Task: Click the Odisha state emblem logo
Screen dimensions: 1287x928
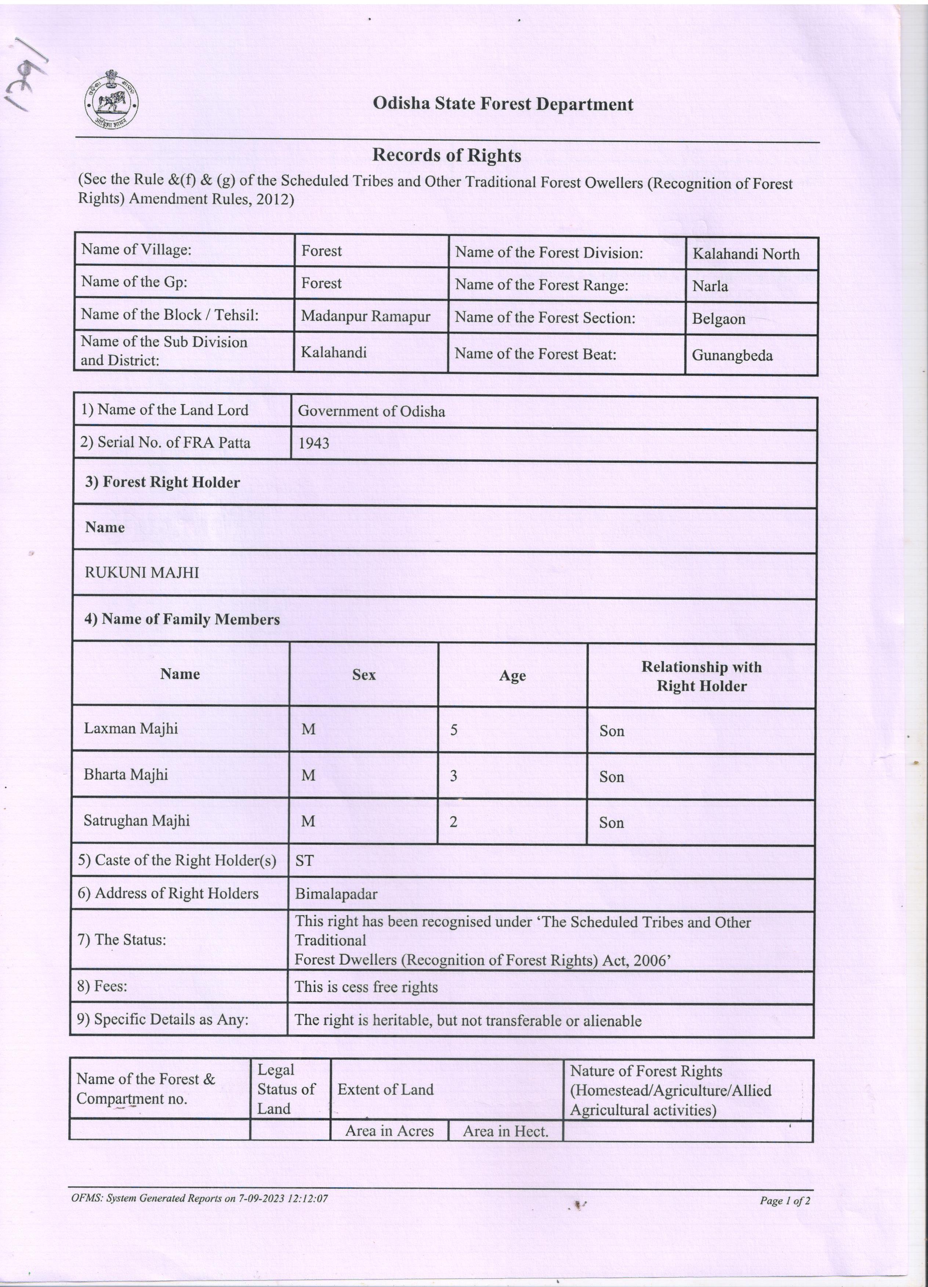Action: coord(112,100)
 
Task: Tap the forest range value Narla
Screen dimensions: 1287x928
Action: coord(710,286)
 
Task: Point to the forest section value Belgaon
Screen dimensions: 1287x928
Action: coord(718,319)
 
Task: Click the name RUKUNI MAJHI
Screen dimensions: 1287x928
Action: coord(142,572)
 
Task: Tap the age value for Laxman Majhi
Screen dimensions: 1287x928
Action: coord(453,730)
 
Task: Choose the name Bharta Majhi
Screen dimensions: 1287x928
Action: coord(126,775)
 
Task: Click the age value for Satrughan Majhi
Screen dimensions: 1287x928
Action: coord(453,822)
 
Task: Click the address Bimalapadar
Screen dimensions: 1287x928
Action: coord(336,894)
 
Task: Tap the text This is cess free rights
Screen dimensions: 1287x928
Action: coord(366,987)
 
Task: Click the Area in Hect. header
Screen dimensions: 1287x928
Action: coord(505,1131)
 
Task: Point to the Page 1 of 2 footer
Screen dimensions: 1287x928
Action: coord(784,1201)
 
